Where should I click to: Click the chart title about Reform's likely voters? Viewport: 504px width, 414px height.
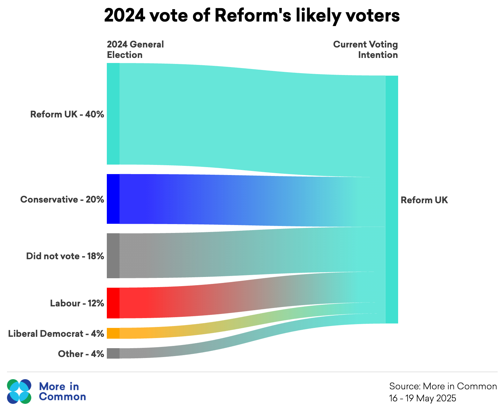click(252, 16)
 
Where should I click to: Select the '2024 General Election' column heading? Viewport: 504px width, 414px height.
click(135, 50)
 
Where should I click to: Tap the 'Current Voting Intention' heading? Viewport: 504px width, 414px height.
click(365, 50)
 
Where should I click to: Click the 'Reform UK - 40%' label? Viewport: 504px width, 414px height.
click(67, 114)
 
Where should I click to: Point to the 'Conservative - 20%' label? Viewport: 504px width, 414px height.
click(62, 199)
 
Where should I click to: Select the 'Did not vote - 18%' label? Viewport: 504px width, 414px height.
click(65, 256)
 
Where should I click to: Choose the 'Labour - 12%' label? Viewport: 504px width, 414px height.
click(77, 303)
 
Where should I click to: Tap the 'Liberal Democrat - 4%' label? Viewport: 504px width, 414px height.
click(56, 334)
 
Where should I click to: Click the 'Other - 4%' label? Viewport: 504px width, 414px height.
click(81, 354)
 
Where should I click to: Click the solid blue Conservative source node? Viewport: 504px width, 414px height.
click(113, 199)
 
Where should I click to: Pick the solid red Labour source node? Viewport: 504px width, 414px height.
click(113, 303)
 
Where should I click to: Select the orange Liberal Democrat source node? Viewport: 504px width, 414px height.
click(113, 333)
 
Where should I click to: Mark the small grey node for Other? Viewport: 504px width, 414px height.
click(113, 353)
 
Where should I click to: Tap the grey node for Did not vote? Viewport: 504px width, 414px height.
click(113, 256)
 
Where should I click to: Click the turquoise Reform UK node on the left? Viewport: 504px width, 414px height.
click(113, 114)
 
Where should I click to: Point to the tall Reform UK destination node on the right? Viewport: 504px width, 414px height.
click(391, 199)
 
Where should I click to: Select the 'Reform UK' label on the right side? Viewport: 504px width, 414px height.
click(424, 200)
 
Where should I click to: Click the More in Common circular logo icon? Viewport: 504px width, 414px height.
click(19, 392)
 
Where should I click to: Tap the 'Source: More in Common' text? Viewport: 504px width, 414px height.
click(443, 386)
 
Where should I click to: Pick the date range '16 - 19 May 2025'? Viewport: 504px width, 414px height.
click(423, 398)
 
